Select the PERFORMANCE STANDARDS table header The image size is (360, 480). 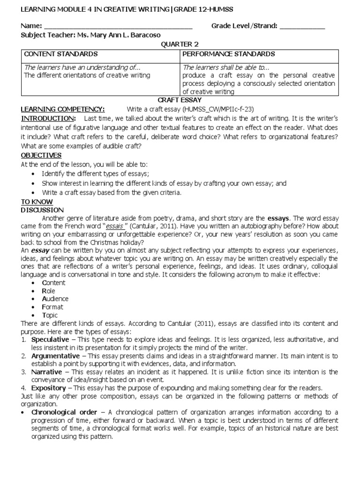(229, 54)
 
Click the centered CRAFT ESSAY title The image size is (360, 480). (180, 100)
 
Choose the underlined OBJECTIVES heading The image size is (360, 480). (41, 155)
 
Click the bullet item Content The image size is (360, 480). (54, 283)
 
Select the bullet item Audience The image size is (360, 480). (55, 299)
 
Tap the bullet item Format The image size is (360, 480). (52, 307)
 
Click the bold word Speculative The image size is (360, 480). (51, 339)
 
